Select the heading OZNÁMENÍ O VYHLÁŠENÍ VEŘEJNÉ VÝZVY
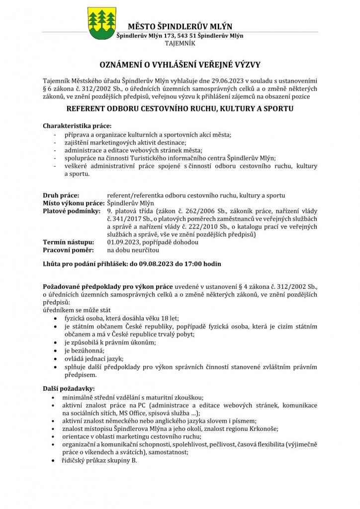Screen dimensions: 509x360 click(x=180, y=65)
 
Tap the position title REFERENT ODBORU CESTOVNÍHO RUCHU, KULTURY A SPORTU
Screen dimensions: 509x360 click(x=180, y=108)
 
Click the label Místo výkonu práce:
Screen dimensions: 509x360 click(x=74, y=203)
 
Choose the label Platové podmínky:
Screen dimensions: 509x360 click(x=72, y=211)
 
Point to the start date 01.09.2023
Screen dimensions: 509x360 click(x=124, y=242)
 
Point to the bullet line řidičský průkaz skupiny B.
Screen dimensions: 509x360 click(x=99, y=460)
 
